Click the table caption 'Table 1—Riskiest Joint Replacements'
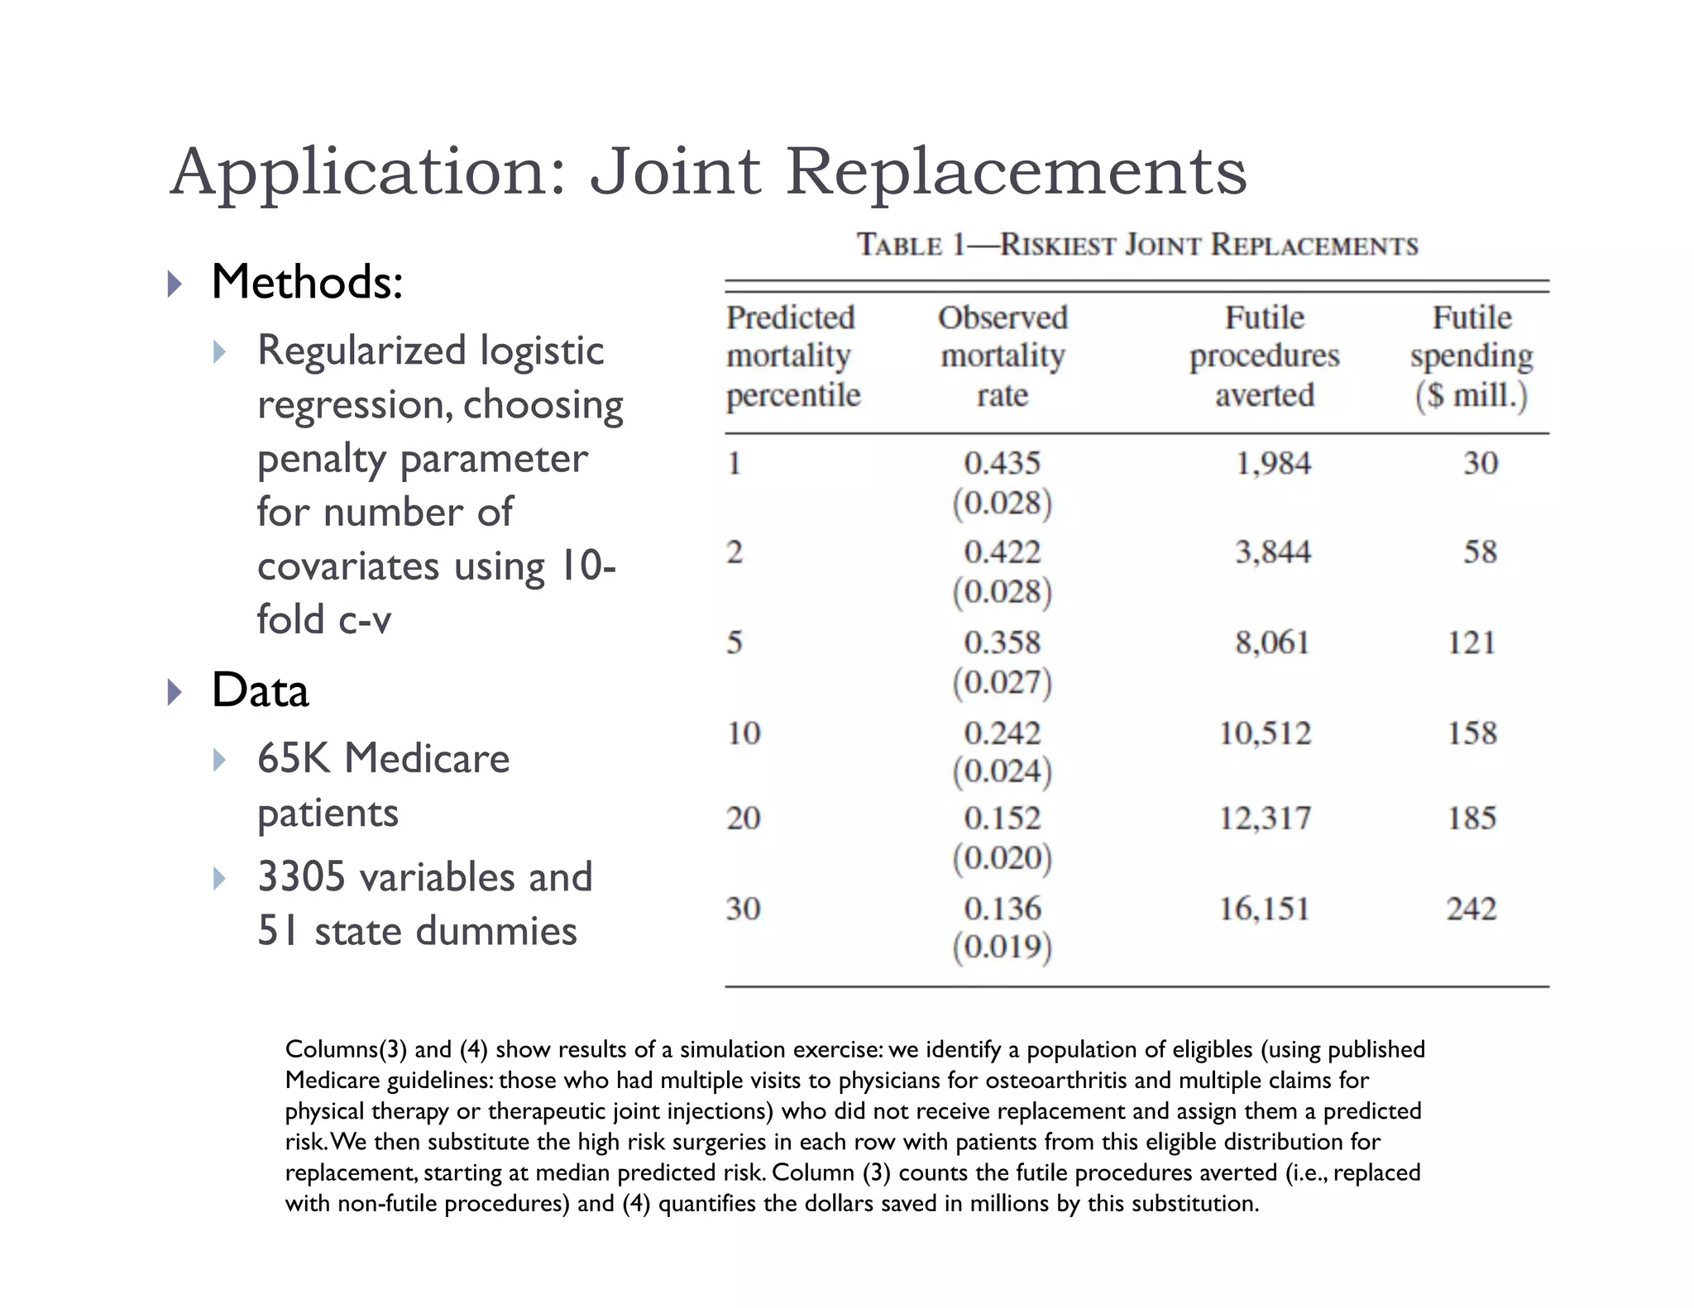pyautogui.click(x=1137, y=246)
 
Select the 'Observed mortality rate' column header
pyautogui.click(x=1003, y=356)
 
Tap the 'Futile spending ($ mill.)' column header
pyautogui.click(x=1471, y=356)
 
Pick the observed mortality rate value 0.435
pyautogui.click(x=1002, y=463)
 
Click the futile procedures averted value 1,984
pyautogui.click(x=1273, y=463)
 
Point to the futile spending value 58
pyautogui.click(x=1480, y=552)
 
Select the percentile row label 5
pyautogui.click(x=735, y=642)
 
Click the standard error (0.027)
pyautogui.click(x=1002, y=682)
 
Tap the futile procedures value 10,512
pyautogui.click(x=1265, y=733)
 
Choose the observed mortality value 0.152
pyautogui.click(x=1002, y=819)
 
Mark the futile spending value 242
pyautogui.click(x=1471, y=909)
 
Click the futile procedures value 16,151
pyautogui.click(x=1265, y=909)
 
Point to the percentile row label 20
pyautogui.click(x=743, y=819)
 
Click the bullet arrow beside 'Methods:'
pyautogui.click(x=174, y=284)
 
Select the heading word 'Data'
pyautogui.click(x=260, y=690)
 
